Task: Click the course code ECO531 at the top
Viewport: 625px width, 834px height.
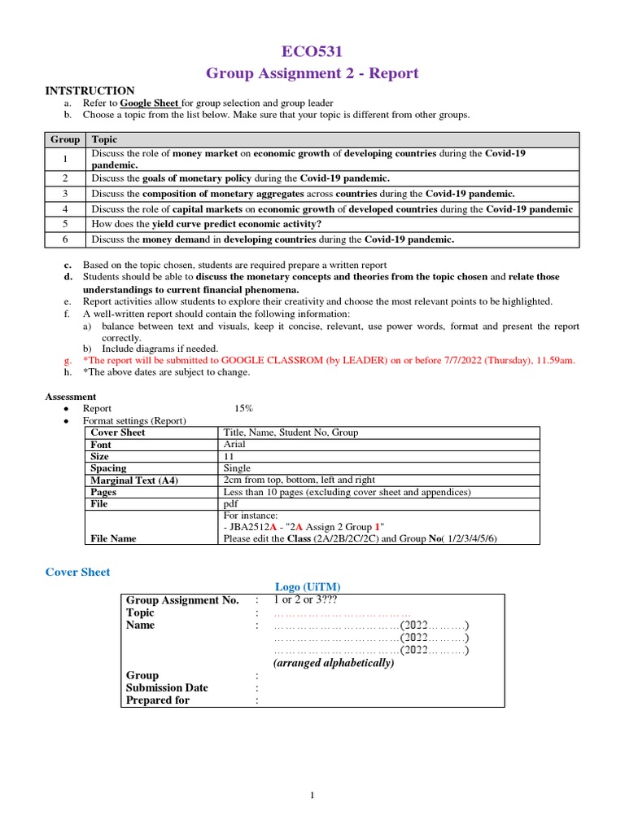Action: (x=312, y=52)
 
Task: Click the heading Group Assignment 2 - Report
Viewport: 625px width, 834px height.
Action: (x=312, y=73)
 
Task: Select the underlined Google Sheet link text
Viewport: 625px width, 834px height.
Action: (x=150, y=103)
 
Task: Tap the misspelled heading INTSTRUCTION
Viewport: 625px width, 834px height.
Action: (x=90, y=90)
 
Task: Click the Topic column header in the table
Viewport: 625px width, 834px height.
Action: (x=104, y=139)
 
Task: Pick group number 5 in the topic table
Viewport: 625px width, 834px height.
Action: (x=65, y=224)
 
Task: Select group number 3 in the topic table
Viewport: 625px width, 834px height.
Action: (x=65, y=194)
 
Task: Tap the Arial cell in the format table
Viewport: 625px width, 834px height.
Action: (x=235, y=445)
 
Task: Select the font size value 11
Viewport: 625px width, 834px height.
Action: (x=229, y=457)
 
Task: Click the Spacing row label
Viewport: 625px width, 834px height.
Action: (x=108, y=468)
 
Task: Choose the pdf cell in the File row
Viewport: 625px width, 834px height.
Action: (x=231, y=504)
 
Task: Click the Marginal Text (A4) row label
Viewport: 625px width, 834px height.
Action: (x=133, y=481)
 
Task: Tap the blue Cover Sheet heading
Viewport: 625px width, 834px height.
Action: (x=77, y=573)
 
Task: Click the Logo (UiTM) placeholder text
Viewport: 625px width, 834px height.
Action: (x=308, y=587)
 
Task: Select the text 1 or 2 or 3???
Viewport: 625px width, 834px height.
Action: (x=308, y=599)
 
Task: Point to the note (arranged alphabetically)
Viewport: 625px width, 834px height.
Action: (x=334, y=663)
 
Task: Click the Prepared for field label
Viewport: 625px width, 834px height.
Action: (x=158, y=700)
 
